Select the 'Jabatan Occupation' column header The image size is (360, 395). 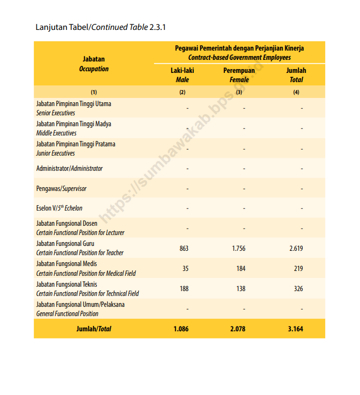pyautogui.click(x=94, y=64)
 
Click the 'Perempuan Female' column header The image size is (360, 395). pyautogui.click(x=239, y=75)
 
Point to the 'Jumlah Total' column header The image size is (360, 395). pyautogui.click(x=296, y=75)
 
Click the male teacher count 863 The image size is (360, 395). pyautogui.click(x=184, y=248)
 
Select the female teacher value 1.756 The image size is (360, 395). pyautogui.click(x=239, y=248)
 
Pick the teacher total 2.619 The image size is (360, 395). pyautogui.click(x=296, y=248)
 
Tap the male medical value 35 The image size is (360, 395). pyautogui.click(x=185, y=268)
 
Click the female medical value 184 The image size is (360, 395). pyautogui.click(x=241, y=268)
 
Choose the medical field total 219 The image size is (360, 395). pyautogui.click(x=298, y=268)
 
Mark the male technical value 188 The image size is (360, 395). pyautogui.click(x=184, y=288)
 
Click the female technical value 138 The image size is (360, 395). pyautogui.click(x=241, y=288)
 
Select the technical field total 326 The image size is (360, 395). pyautogui.click(x=298, y=288)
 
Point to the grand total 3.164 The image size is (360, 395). pyautogui.click(x=296, y=329)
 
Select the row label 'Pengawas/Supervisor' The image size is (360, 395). pyautogui.click(x=61, y=188)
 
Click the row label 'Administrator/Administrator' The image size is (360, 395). pyautogui.click(x=69, y=168)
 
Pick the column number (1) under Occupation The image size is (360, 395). pyautogui.click(x=94, y=92)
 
